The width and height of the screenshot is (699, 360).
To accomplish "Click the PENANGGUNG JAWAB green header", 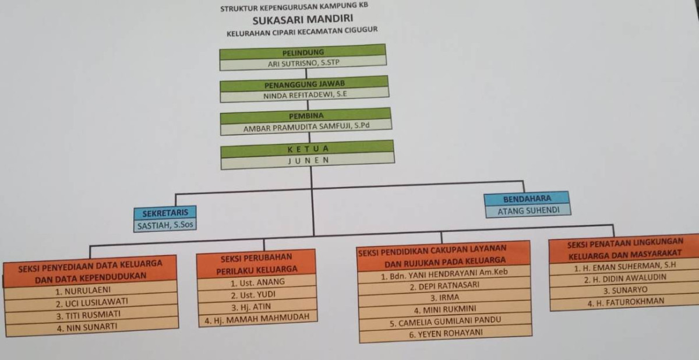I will pos(305,83).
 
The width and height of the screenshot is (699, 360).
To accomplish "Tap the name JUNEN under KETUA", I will pos(308,160).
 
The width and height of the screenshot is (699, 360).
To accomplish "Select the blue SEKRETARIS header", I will pos(165,213).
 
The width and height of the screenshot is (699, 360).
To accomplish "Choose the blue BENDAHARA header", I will pos(527,199).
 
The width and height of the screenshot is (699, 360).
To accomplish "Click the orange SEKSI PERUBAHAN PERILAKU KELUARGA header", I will pos(256,263).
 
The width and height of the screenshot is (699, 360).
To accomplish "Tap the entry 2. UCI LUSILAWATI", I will pos(91,303).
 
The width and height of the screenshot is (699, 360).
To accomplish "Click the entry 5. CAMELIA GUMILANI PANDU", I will pos(446,321).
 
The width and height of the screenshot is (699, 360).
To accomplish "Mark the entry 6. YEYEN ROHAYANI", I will pos(446,334).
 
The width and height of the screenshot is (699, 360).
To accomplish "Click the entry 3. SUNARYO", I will pos(624,290).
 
